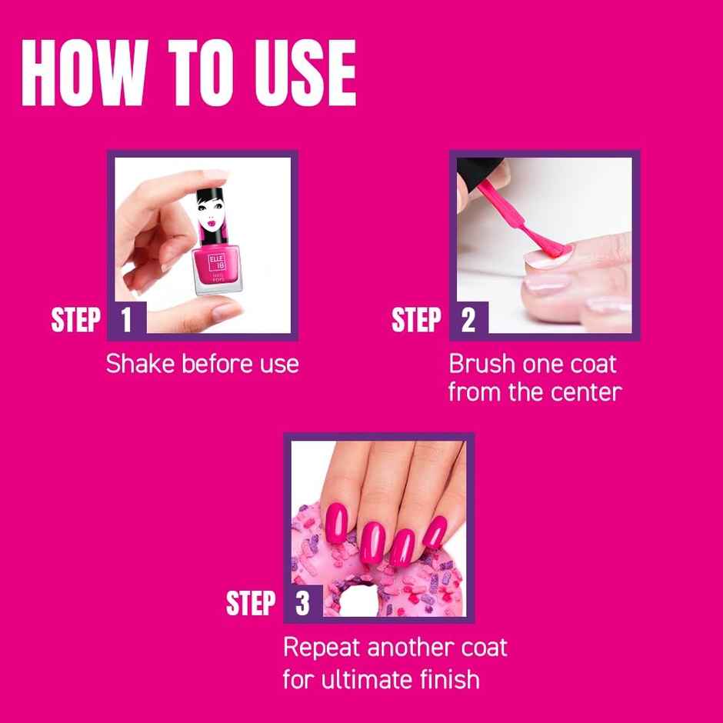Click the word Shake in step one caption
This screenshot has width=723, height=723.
point(140,363)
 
